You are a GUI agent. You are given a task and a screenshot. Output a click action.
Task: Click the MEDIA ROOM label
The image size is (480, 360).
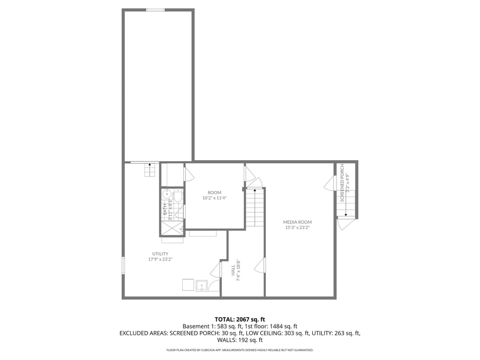point(297,222)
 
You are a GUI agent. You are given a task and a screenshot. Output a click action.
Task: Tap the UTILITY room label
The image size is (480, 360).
point(160,254)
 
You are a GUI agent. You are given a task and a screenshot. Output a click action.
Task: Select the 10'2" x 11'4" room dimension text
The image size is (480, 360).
point(214,198)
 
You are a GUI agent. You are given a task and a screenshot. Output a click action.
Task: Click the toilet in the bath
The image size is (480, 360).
point(178,196)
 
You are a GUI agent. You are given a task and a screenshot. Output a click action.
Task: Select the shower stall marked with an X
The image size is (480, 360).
point(172,228)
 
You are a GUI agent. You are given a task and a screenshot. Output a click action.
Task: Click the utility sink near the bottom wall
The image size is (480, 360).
point(201,286)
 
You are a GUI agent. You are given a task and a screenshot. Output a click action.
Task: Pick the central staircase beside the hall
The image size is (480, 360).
point(254,208)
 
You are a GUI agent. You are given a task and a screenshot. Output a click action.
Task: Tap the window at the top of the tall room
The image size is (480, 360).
point(155,9)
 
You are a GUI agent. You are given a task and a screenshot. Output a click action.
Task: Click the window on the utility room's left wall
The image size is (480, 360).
point(123,265)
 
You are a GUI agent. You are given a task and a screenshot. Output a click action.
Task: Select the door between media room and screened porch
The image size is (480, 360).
point(329,183)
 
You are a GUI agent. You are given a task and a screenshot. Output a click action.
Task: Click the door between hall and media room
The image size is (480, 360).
point(261,265)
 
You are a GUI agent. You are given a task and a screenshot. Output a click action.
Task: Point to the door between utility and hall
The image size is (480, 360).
point(216,270)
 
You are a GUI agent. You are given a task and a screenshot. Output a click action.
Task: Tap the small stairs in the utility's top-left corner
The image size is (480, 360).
point(150,170)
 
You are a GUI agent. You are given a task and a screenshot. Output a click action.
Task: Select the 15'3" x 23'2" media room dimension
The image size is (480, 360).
point(297,227)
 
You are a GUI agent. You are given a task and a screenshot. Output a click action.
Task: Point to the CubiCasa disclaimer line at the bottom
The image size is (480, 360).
point(239,350)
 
